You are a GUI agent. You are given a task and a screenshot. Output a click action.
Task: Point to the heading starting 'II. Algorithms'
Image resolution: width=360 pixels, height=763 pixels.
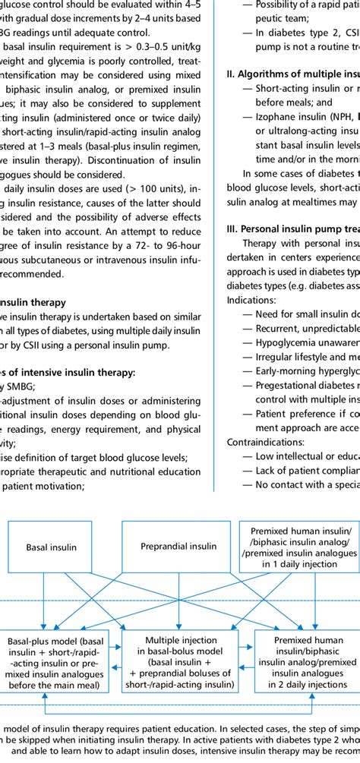tap(292, 74)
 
